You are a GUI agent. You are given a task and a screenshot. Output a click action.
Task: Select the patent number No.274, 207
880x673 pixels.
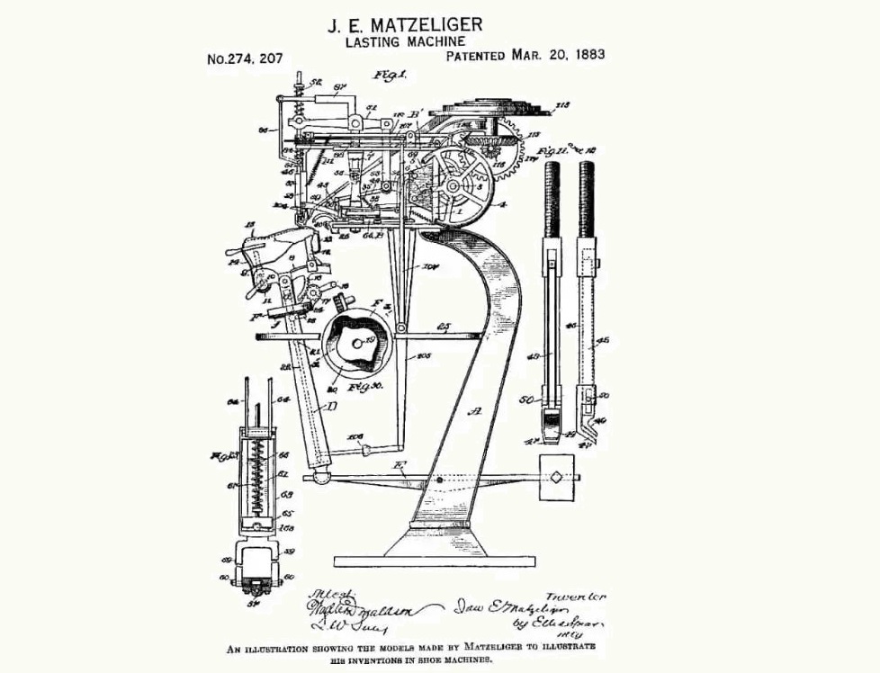(245, 59)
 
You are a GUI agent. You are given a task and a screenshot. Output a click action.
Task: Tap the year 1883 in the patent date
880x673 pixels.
(584, 54)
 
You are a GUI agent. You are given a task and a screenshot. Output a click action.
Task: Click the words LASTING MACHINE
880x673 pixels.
(405, 40)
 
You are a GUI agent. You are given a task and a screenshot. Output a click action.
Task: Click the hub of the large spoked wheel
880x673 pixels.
(462, 186)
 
